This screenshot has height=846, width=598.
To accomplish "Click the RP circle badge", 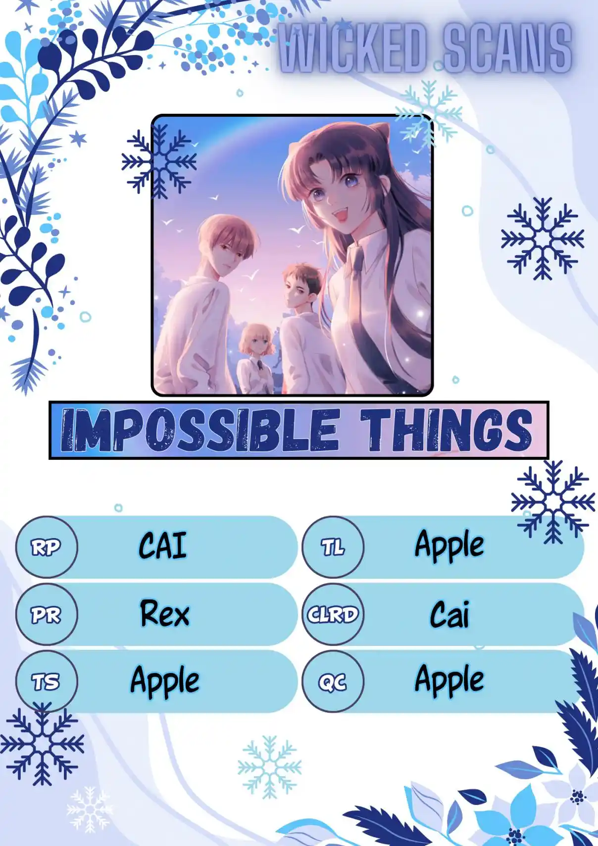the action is pos(47,547).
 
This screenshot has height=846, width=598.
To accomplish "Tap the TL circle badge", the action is pos(333,547).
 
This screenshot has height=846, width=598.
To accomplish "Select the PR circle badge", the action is pos(47,614).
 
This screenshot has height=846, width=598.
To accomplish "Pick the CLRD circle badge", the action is pos(333,614).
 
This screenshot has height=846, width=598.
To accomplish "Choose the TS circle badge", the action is pos(47,681).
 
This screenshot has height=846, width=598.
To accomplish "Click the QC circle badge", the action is pos(333,681).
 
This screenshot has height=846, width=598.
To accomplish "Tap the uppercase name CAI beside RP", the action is pos(162,546).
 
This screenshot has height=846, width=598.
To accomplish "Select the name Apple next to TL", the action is pos(449,546).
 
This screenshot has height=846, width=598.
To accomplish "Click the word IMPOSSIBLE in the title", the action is pos(199,430).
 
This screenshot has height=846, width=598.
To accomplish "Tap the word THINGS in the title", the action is pos(446,430).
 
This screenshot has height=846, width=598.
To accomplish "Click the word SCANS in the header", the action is pos(507,48).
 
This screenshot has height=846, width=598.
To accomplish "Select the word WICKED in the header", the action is pos(353,48).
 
